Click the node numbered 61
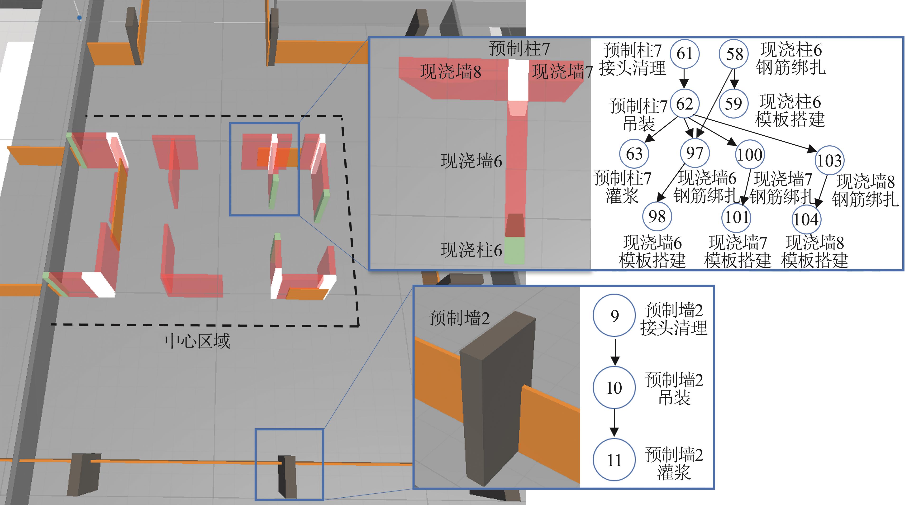684,54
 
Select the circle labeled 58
734,54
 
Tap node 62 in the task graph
684,104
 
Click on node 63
634,153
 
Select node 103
829,161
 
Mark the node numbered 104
806,219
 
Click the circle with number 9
614,315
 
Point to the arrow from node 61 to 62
684,78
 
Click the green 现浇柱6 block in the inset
514,250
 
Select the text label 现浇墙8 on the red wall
451,72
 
